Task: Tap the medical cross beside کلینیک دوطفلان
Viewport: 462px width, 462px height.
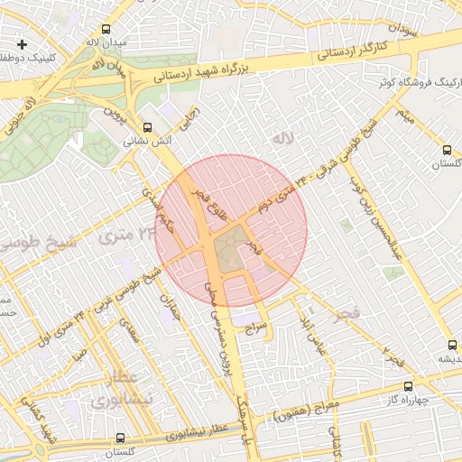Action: tap(22, 43)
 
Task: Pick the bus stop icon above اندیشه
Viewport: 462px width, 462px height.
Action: tap(450, 344)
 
